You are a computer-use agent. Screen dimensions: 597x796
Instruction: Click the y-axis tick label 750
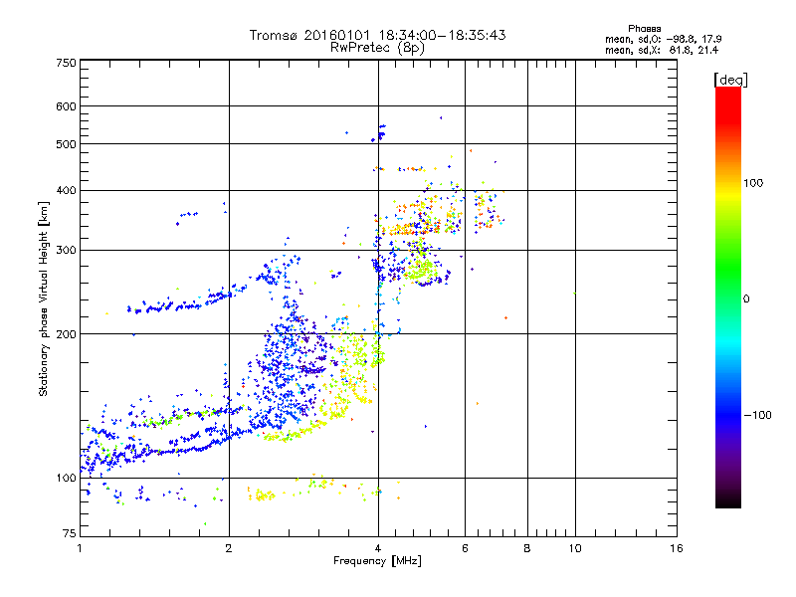tap(66, 63)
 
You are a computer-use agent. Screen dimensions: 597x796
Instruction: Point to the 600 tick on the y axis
tap(66, 106)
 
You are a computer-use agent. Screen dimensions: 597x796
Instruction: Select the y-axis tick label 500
tap(66, 144)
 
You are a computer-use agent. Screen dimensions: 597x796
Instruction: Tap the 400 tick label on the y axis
tap(66, 190)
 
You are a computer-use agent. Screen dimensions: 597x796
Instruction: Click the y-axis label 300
tap(66, 250)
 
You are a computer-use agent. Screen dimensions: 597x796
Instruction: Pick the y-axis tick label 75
tap(69, 534)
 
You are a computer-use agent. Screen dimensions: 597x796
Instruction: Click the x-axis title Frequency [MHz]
tap(377, 562)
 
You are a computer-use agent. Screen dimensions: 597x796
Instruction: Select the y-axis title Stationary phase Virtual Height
tap(44, 298)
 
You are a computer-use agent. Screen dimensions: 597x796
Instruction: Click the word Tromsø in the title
tap(278, 35)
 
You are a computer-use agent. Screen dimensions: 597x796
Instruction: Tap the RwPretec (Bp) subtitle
tap(377, 47)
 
